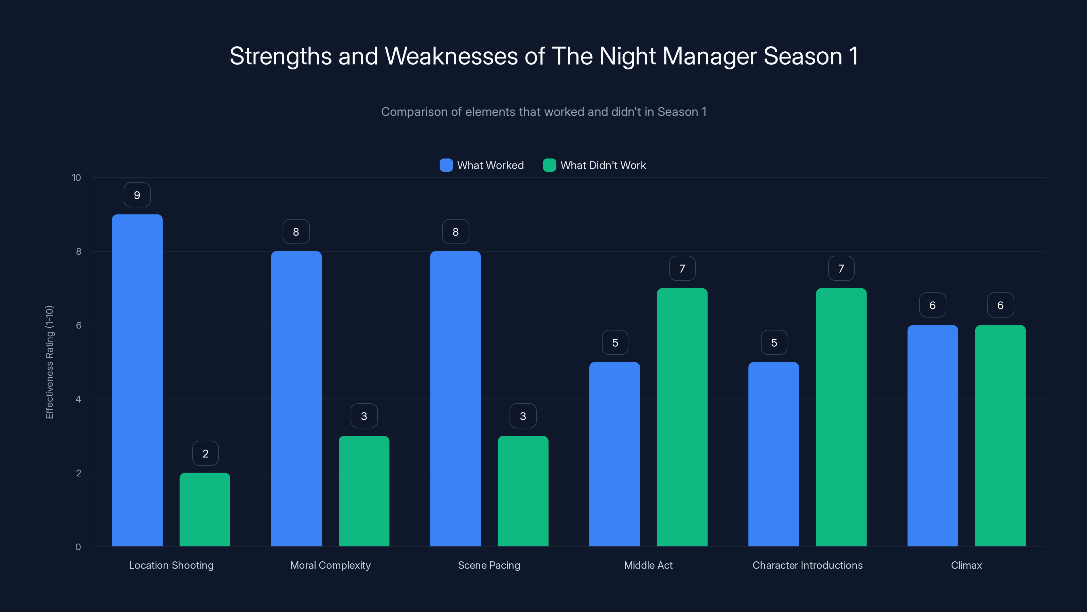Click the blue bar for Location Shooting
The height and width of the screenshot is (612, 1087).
tap(137, 380)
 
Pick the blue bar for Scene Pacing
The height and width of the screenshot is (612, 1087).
tap(455, 399)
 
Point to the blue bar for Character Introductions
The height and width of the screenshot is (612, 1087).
tap(773, 454)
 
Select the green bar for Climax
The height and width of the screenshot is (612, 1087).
tap(1000, 436)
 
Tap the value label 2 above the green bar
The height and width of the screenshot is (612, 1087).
tap(206, 454)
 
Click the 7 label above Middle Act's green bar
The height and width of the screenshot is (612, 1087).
tap(682, 269)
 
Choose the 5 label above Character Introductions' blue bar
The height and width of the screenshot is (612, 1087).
tap(774, 342)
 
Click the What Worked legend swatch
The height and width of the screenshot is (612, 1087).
tap(446, 165)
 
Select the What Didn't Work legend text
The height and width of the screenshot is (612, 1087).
tap(603, 165)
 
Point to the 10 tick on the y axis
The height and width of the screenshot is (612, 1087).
tap(76, 177)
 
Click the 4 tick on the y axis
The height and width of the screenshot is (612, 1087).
tap(78, 399)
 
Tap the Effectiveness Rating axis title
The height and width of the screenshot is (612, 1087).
tap(49, 362)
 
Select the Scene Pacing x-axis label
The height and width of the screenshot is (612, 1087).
tap(489, 565)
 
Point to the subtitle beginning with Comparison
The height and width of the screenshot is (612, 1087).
tap(543, 112)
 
